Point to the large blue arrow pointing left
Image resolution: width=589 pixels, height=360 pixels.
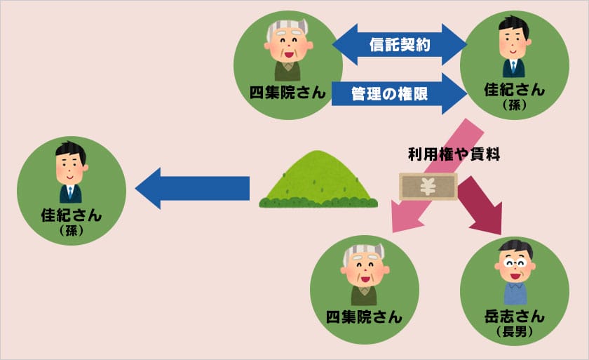click(192, 188)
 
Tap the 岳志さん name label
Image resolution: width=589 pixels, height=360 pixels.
click(515, 316)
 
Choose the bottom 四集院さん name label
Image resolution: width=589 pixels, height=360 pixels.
click(363, 316)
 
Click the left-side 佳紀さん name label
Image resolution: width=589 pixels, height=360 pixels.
click(71, 215)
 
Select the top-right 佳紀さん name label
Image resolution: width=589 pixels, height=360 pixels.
click(514, 91)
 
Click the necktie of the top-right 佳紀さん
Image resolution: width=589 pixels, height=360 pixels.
click(513, 68)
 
